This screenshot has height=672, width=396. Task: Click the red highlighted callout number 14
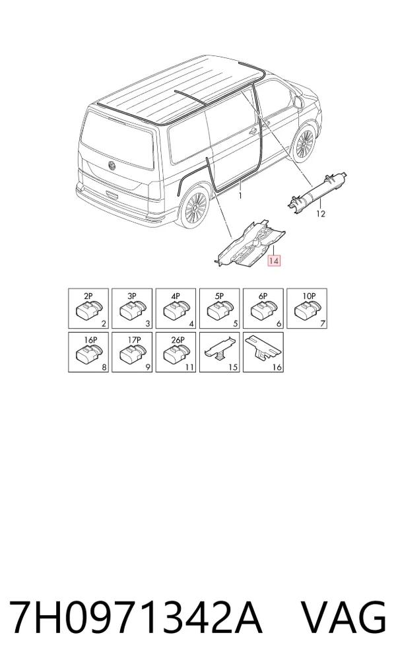click(x=274, y=261)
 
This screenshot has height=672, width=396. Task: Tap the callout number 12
click(x=321, y=213)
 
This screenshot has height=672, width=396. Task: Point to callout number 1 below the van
click(x=240, y=196)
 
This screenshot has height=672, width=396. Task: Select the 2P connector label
click(x=88, y=296)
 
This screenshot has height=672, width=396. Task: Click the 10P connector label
click(x=309, y=296)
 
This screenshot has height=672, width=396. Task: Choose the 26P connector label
click(x=178, y=340)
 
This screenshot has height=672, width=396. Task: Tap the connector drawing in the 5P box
click(x=219, y=310)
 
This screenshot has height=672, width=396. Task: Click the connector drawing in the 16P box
click(x=88, y=354)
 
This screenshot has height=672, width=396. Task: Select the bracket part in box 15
click(x=219, y=350)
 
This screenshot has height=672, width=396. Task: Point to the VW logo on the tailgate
click(x=113, y=166)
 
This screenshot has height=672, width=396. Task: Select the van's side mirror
click(x=299, y=102)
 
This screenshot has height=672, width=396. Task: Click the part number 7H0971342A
click(x=135, y=618)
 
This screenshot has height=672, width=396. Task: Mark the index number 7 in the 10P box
click(x=323, y=324)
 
